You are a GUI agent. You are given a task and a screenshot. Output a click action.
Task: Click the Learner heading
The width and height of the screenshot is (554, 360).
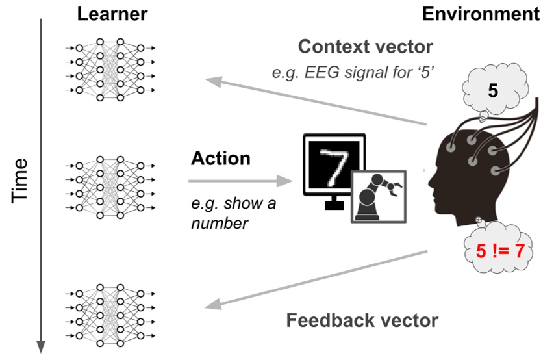112,14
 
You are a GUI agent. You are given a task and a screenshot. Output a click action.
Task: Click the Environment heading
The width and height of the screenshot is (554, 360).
481,14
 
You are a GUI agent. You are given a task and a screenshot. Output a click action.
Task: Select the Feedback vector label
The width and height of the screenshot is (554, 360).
362,320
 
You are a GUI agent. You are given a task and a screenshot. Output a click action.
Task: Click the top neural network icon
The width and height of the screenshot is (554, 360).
110,69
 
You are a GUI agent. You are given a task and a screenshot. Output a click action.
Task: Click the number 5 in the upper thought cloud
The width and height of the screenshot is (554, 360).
492,92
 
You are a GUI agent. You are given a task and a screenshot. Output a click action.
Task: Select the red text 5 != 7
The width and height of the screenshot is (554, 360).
499,250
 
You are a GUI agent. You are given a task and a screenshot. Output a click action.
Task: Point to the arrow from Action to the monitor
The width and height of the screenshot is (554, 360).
240,182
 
